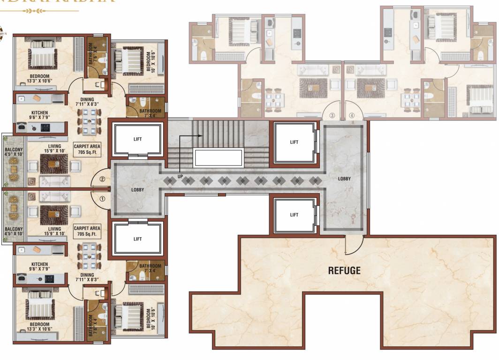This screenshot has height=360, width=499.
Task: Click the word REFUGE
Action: (x=344, y=270)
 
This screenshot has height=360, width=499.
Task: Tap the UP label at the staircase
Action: (x=180, y=176)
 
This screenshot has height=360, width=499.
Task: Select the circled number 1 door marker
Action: (x=103, y=199)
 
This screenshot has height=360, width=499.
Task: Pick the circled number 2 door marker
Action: (x=103, y=179)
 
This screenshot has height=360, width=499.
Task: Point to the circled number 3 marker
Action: (x=332, y=115)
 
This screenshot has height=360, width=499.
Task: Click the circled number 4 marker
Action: (x=352, y=115)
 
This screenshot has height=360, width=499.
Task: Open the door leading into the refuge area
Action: (x=354, y=244)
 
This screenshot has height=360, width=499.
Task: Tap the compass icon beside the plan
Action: (x=1, y=33)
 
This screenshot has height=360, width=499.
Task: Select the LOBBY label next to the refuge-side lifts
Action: (x=344, y=179)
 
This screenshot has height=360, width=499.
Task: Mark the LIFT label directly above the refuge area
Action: (x=294, y=215)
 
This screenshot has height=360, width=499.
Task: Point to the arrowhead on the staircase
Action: (x=201, y=136)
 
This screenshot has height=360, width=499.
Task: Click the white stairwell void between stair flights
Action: (x=219, y=157)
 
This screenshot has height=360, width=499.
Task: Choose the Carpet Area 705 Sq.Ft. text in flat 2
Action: (x=87, y=149)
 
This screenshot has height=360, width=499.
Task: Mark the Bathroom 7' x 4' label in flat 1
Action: (x=150, y=269)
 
